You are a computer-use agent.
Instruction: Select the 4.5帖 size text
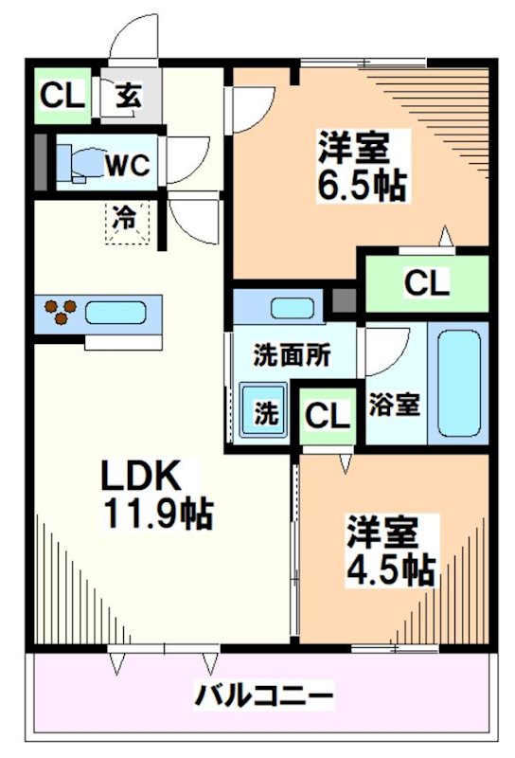click(390, 568)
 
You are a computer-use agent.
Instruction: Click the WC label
click(126, 166)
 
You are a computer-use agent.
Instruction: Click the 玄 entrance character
click(128, 95)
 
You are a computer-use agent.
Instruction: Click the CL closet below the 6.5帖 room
click(426, 282)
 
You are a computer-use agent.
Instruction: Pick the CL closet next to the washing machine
click(326, 414)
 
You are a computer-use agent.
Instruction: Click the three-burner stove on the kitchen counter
click(59, 314)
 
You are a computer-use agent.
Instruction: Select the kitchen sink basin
click(115, 314)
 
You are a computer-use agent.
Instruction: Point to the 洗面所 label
click(292, 357)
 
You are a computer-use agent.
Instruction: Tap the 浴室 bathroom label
click(395, 405)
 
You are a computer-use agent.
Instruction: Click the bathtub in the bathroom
click(458, 383)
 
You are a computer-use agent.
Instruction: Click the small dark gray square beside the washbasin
click(344, 304)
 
